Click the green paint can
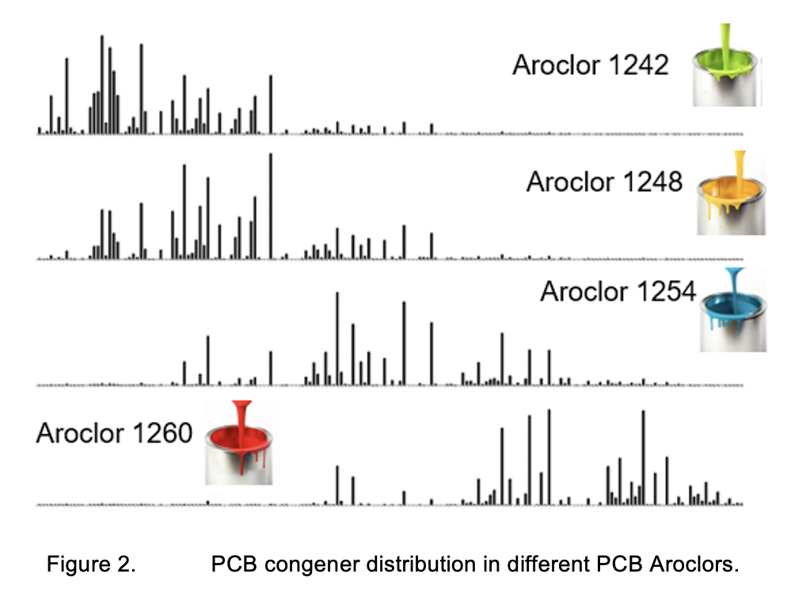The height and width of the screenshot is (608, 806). [x=727, y=76]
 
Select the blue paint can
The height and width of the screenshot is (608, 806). [x=734, y=320]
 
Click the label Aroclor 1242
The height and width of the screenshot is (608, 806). [x=591, y=65]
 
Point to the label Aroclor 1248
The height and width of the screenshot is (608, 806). [x=604, y=182]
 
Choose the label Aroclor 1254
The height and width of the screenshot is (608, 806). [x=618, y=291]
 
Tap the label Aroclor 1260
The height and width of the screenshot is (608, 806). [x=114, y=433]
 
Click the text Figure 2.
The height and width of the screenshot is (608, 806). [x=90, y=565]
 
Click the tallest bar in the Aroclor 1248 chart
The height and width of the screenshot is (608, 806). [x=271, y=206]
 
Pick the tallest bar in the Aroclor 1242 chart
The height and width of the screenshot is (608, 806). [x=101, y=84]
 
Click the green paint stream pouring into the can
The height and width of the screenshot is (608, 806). [x=725, y=40]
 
